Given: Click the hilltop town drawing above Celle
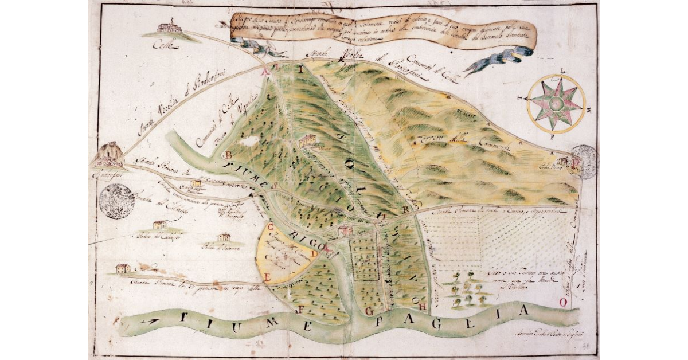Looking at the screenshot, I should [x=169, y=27].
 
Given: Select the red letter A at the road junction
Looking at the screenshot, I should [x=265, y=73].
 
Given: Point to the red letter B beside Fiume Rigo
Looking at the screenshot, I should [x=228, y=155].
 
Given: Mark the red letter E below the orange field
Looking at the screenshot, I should [x=267, y=277].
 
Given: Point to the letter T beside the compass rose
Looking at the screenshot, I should [x=521, y=98].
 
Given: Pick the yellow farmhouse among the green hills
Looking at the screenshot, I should [x=308, y=140].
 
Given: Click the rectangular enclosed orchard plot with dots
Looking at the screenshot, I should [x=365, y=260].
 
